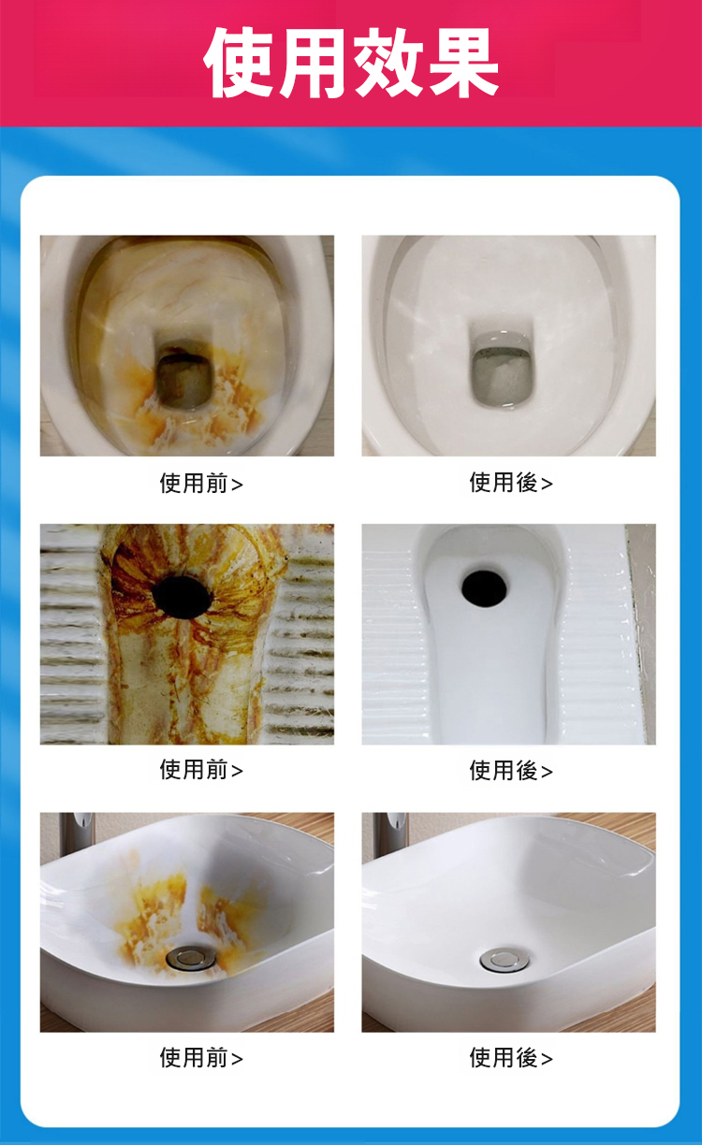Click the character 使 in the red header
click(x=240, y=63)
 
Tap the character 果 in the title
click(x=462, y=63)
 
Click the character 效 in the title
click(x=388, y=63)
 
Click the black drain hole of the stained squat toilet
click(x=182, y=597)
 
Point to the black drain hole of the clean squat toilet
click(x=484, y=588)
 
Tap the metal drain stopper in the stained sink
click(x=191, y=957)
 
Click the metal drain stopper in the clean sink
click(x=505, y=960)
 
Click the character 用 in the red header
click(x=314, y=63)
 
